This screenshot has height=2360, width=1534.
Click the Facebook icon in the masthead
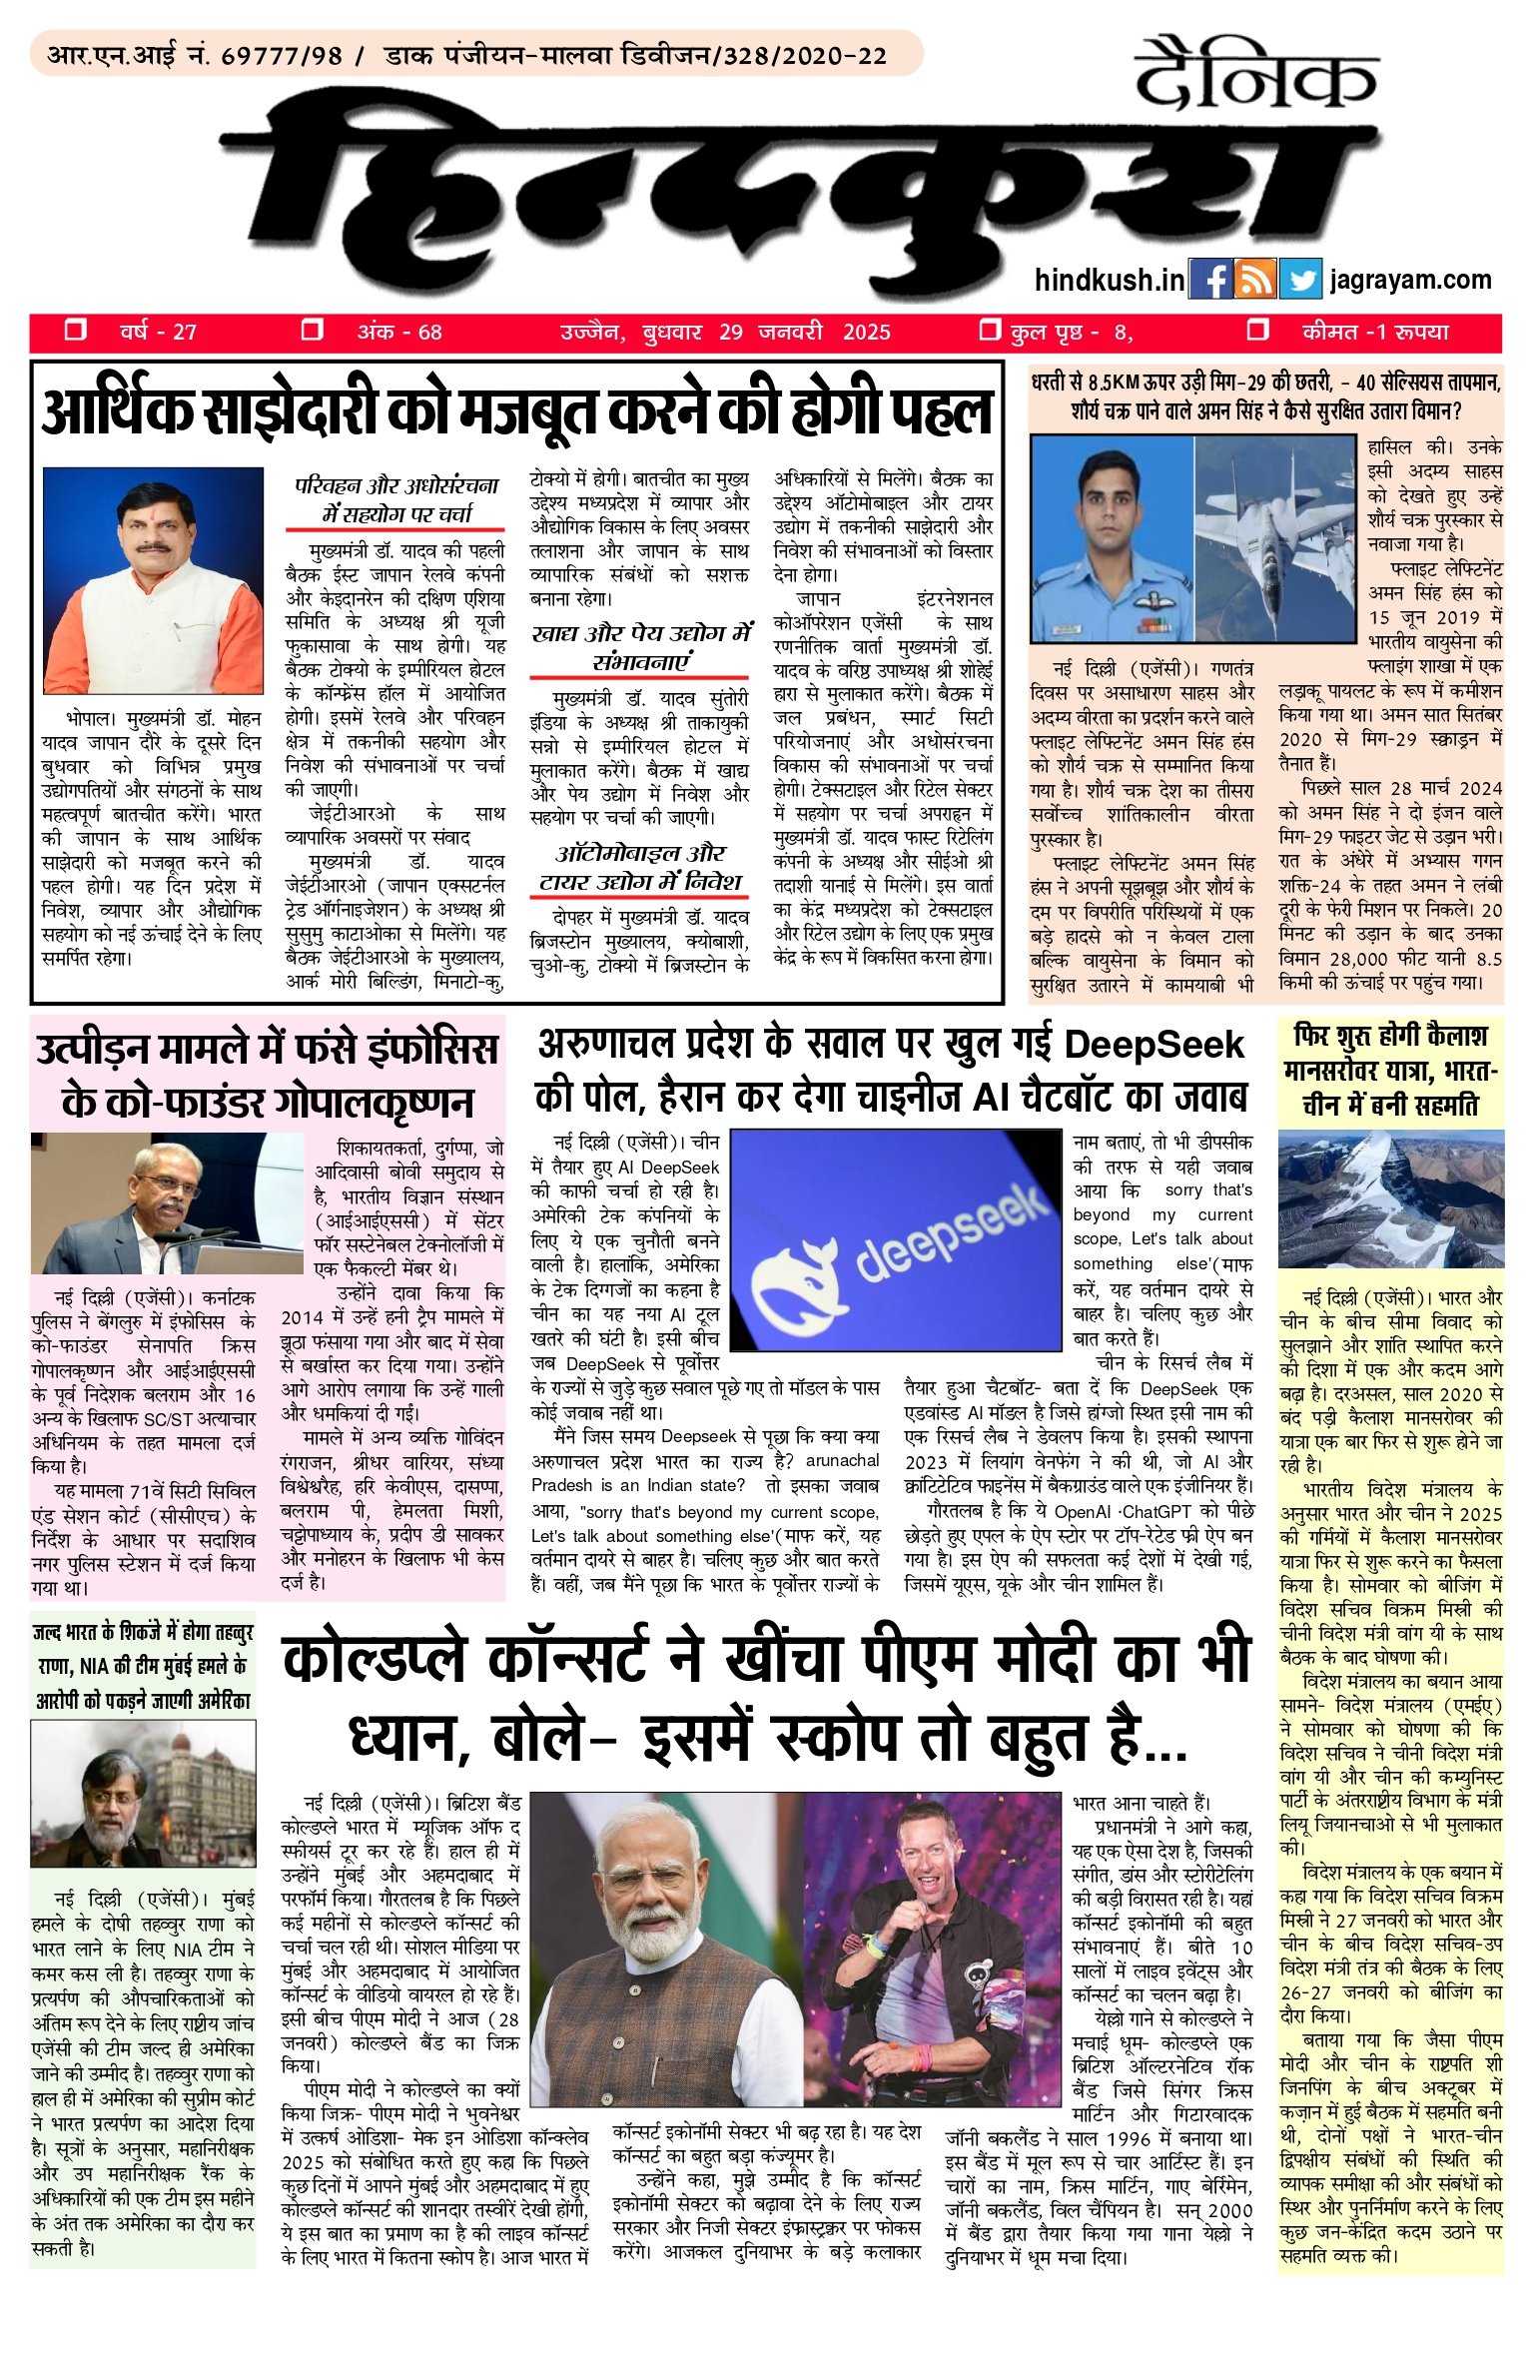pyautogui.click(x=1209, y=280)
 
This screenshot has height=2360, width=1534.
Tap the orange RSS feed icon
pyautogui.click(x=1254, y=280)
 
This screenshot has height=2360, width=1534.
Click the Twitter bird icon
pyautogui.click(x=1299, y=280)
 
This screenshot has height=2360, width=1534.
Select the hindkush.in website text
pyautogui.click(x=1109, y=280)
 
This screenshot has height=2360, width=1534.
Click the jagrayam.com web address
pyautogui.click(x=1410, y=280)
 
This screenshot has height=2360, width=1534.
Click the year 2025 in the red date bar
pyautogui.click(x=866, y=333)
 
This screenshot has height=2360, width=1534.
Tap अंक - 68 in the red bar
pyautogui.click(x=399, y=333)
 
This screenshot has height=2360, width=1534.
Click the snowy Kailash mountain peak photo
pyautogui.click(x=1390, y=1197)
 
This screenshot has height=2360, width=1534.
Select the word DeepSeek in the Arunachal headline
pyautogui.click(x=1153, y=1045)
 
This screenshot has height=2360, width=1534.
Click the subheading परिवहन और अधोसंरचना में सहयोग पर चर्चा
pyautogui.click(x=396, y=499)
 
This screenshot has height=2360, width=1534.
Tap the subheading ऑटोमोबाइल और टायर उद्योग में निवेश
pyautogui.click(x=640, y=867)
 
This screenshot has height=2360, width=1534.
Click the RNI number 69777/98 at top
pyautogui.click(x=281, y=56)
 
